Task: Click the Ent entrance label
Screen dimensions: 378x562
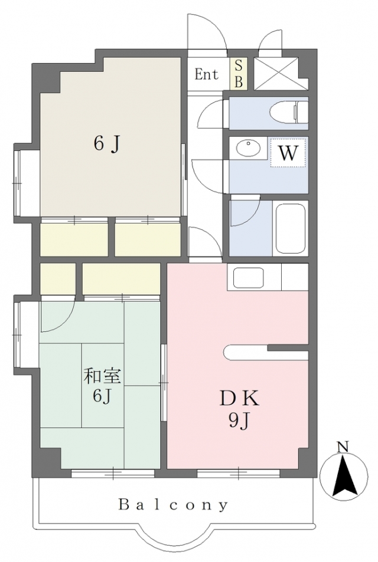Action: [206, 74]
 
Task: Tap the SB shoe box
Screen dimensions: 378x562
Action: [239, 74]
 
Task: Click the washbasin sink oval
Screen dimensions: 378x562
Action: [248, 147]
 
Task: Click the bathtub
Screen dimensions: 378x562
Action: [290, 228]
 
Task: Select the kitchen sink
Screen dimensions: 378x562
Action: [249, 277]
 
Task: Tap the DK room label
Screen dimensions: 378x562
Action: [239, 399]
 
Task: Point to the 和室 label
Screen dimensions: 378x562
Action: [102, 376]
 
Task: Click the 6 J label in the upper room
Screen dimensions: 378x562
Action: [106, 144]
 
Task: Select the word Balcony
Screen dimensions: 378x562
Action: [174, 505]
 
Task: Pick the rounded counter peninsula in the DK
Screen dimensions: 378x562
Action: [266, 352]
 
